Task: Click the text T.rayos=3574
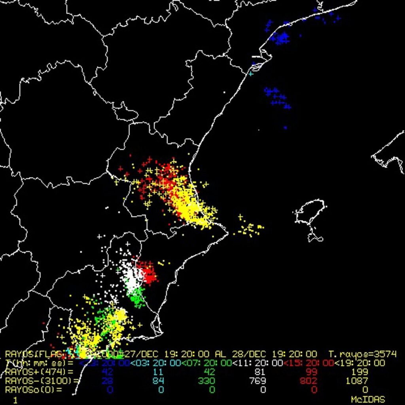[362, 354]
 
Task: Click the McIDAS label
[368, 399]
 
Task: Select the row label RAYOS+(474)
[39, 372]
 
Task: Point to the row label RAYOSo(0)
[34, 390]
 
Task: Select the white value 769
[261, 381]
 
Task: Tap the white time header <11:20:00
[257, 363]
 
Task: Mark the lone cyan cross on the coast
[250, 74]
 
